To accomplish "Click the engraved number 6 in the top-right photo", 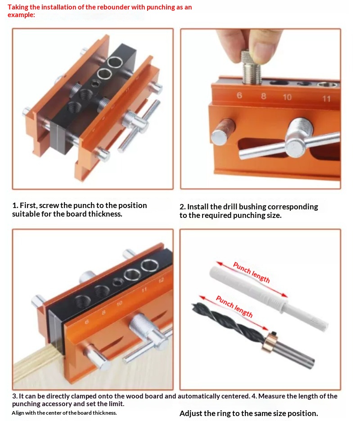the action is (x=239, y=95).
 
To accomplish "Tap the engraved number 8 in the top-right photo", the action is (x=263, y=96).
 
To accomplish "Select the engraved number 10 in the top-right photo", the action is (x=287, y=97).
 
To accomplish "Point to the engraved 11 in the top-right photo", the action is (x=326, y=99).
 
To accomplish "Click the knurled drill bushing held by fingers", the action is (x=252, y=68).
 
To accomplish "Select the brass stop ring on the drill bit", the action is (x=270, y=341).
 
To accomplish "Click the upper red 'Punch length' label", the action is (x=252, y=272).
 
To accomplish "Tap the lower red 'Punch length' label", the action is (x=234, y=306).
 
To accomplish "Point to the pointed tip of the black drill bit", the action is (x=193, y=304).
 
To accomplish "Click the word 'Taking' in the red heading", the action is (x=18, y=8).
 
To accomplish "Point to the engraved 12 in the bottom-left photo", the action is (x=161, y=281).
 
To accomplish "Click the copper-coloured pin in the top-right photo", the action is (x=223, y=131).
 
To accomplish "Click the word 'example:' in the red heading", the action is (x=21, y=15).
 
